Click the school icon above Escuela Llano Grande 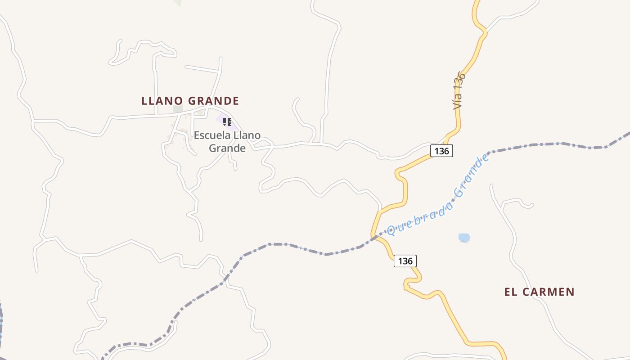coord(227,121)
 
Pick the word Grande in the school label coord(227,148)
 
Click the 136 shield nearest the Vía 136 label coord(441,151)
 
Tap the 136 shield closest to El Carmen coord(405,261)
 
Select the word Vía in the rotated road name coord(458,101)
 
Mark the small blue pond coord(464,238)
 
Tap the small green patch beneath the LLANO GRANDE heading coord(178,109)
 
